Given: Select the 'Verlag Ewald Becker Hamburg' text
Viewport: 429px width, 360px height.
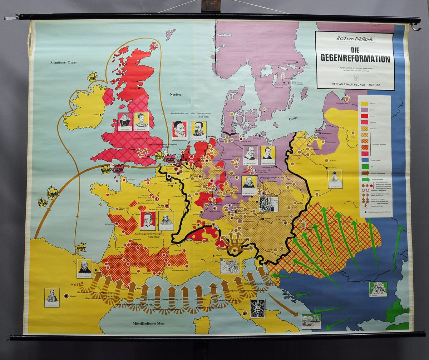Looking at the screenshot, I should click(355, 85).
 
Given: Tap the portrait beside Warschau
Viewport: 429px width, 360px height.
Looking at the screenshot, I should click(335, 179).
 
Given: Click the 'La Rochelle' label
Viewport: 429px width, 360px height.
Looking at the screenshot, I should click(110, 224).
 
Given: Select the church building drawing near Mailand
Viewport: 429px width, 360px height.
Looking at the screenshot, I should click(230, 266).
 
